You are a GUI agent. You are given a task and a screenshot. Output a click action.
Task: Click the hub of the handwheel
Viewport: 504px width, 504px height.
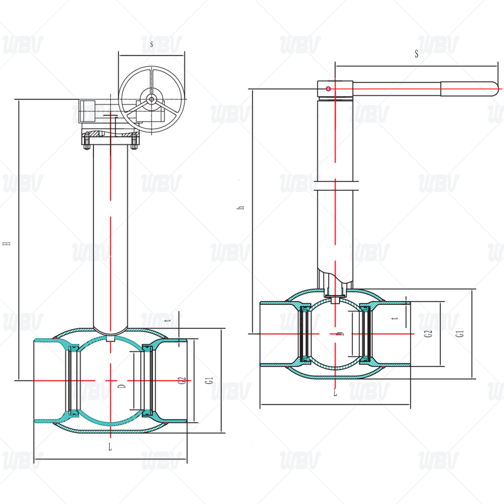tap(151, 100)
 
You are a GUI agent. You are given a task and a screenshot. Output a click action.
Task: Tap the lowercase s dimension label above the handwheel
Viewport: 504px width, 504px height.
tap(151, 45)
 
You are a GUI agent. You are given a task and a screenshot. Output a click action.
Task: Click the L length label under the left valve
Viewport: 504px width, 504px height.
tap(110, 447)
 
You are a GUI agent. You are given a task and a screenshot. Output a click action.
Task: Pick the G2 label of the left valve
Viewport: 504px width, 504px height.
tap(182, 381)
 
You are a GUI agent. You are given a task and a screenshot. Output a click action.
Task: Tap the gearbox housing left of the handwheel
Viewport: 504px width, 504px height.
tap(88, 112)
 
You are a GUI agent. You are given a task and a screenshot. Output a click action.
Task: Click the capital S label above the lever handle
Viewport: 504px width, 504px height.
tap(416, 54)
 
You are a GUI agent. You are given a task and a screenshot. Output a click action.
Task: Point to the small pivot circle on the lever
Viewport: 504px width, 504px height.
tap(328, 88)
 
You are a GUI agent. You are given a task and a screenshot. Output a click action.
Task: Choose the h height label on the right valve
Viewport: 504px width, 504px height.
tap(241, 207)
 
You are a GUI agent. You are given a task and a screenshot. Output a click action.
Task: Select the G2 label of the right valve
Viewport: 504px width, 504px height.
tap(428, 334)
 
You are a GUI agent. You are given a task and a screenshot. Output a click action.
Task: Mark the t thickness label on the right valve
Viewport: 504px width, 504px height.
tap(394, 319)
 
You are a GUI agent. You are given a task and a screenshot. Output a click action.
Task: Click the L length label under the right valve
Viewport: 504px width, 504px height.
tap(335, 392)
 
